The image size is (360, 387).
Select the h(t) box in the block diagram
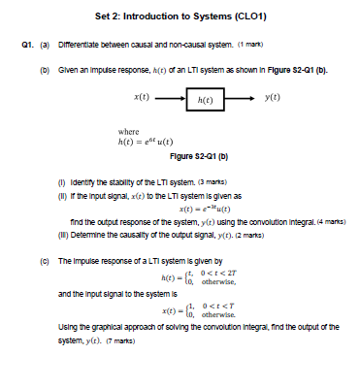click(201, 99)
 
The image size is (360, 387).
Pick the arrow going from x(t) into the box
click(169, 98)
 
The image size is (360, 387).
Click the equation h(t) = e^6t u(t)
click(145, 142)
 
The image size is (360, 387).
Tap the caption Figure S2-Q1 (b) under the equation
click(179, 154)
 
